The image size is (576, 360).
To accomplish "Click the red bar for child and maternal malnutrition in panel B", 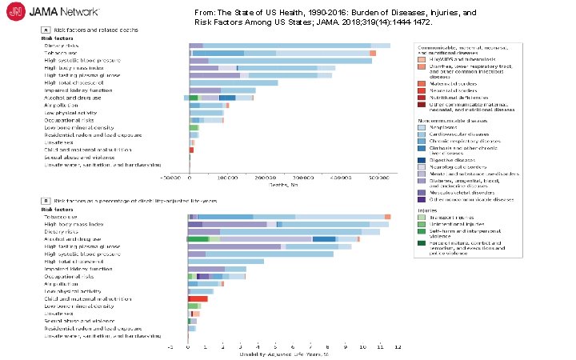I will coord(198,298).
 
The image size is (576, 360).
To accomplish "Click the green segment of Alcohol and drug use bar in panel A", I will coord(193,98).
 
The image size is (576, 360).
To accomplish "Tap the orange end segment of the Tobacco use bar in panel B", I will coord(387,217).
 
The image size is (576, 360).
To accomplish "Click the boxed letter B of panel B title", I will coord(45,199).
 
